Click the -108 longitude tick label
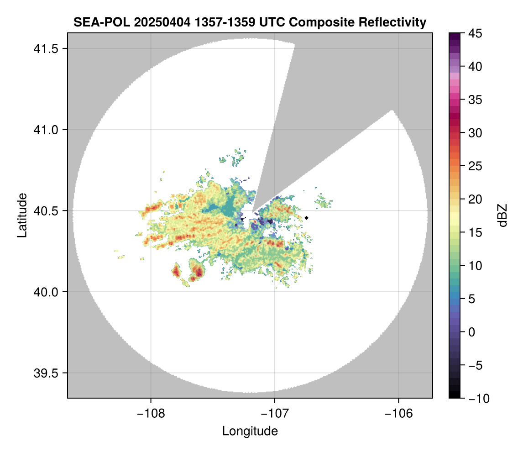[151, 414]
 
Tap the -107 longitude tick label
[275, 414]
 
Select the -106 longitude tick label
[399, 414]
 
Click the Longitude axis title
[250, 431]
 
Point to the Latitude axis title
[22, 215]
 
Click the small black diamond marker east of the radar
[307, 218]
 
